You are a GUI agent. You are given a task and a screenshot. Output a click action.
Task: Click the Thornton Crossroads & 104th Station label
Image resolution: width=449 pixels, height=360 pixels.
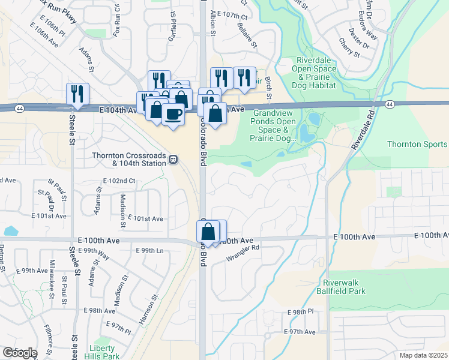(128, 159)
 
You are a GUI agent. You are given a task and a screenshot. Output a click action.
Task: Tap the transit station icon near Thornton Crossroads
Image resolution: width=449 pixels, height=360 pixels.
(172, 160)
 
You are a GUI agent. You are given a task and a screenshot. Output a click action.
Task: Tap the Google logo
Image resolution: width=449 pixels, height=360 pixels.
(19, 352)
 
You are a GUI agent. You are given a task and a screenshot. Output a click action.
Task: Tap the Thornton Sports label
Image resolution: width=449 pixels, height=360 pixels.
(417, 144)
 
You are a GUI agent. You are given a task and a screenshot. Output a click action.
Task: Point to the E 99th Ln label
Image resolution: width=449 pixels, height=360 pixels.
(154, 250)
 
